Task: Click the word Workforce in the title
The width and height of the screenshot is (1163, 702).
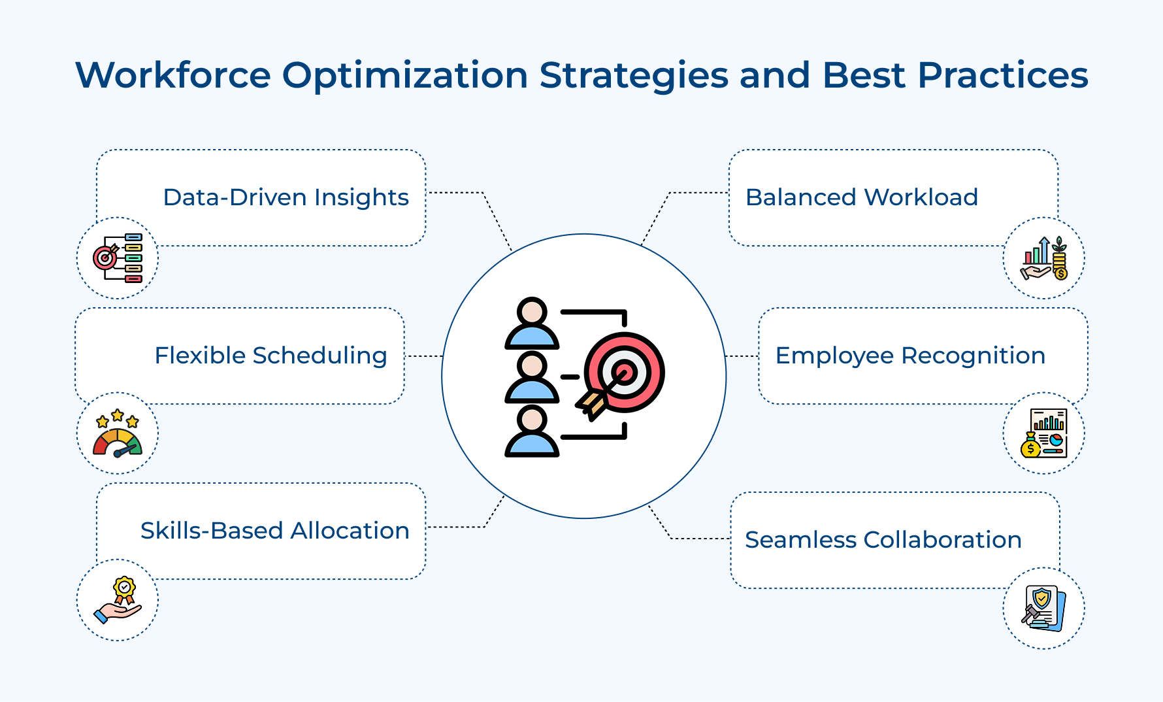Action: click(x=173, y=75)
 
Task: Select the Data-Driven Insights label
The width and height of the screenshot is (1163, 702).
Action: click(x=286, y=197)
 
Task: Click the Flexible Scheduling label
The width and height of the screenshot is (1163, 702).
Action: click(x=270, y=356)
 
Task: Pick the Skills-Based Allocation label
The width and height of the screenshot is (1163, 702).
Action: click(x=274, y=531)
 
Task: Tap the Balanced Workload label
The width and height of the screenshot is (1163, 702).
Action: click(x=861, y=197)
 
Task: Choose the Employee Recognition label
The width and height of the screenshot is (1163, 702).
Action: click(x=909, y=356)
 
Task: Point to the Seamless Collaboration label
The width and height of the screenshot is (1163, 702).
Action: click(x=883, y=540)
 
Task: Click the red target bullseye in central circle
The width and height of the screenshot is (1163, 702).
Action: click(x=625, y=373)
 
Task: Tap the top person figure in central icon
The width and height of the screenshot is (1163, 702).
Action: click(x=532, y=324)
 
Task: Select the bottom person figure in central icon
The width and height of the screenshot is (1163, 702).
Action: click(x=532, y=431)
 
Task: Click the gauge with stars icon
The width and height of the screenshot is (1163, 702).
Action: click(x=118, y=434)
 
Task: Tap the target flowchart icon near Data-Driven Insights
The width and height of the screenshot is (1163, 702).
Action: click(x=118, y=258)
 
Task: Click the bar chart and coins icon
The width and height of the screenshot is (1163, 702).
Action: click(x=1043, y=258)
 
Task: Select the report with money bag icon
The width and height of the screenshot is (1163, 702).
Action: click(x=1043, y=433)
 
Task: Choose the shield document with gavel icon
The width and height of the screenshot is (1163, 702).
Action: click(x=1043, y=608)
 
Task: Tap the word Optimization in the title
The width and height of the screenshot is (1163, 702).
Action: click(x=405, y=75)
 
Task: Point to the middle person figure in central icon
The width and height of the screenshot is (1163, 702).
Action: click(x=532, y=378)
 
